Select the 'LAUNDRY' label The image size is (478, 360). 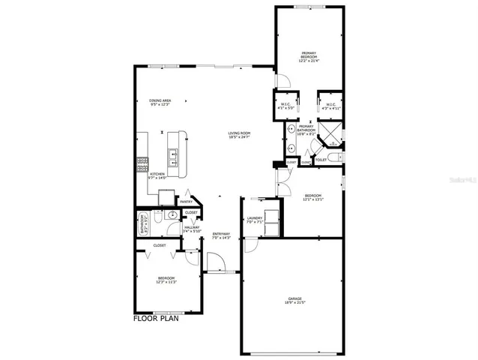pyautogui.click(x=254, y=218)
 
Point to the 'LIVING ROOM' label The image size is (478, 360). pyautogui.click(x=239, y=133)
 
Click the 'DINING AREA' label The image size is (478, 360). pyautogui.click(x=160, y=100)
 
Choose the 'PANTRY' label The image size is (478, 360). pyautogui.click(x=186, y=201)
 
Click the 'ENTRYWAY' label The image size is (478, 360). pyautogui.click(x=221, y=233)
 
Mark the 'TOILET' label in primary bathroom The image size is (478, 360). pyautogui.click(x=321, y=159)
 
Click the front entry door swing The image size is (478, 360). pyautogui.click(x=216, y=263)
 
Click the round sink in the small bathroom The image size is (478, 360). pyautogui.click(x=172, y=214)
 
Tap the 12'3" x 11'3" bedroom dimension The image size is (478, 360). pyautogui.click(x=166, y=283)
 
